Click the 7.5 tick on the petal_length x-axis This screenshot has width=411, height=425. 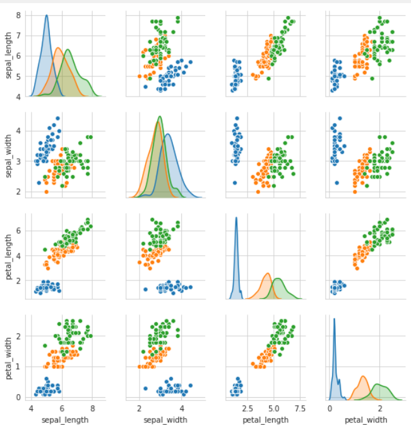pyautogui.click(x=299, y=408)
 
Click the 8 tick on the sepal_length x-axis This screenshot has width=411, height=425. pyautogui.click(x=92, y=408)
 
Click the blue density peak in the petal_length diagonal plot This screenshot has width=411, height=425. pyautogui.click(x=236, y=218)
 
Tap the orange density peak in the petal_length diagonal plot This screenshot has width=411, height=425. pyautogui.click(x=268, y=273)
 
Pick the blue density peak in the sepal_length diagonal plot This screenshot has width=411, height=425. pyautogui.click(x=46, y=16)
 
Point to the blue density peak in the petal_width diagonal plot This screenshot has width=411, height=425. pyautogui.click(x=334, y=320)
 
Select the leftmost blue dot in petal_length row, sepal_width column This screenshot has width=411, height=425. pyautogui.click(x=146, y=289)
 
